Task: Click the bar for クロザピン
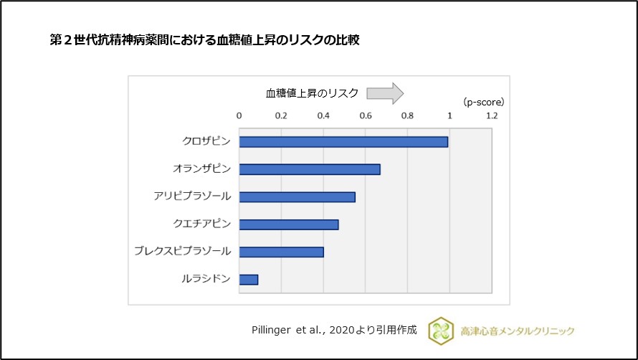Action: click(343, 142)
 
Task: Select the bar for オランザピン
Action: click(310, 169)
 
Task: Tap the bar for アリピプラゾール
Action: click(297, 196)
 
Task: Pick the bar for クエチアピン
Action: click(289, 224)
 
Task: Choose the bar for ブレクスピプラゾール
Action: click(281, 252)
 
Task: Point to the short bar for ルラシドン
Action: click(249, 279)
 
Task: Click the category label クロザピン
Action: click(206, 142)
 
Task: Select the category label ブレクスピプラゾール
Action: click(183, 251)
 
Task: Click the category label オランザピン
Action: click(201, 169)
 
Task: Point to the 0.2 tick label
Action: click(281, 115)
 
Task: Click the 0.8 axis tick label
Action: click(407, 115)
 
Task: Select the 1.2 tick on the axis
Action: click(492, 115)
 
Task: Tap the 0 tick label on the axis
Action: click(239, 115)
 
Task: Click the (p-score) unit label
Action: click(483, 102)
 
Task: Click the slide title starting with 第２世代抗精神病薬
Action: click(204, 40)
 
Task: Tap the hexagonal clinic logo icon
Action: click(440, 330)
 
